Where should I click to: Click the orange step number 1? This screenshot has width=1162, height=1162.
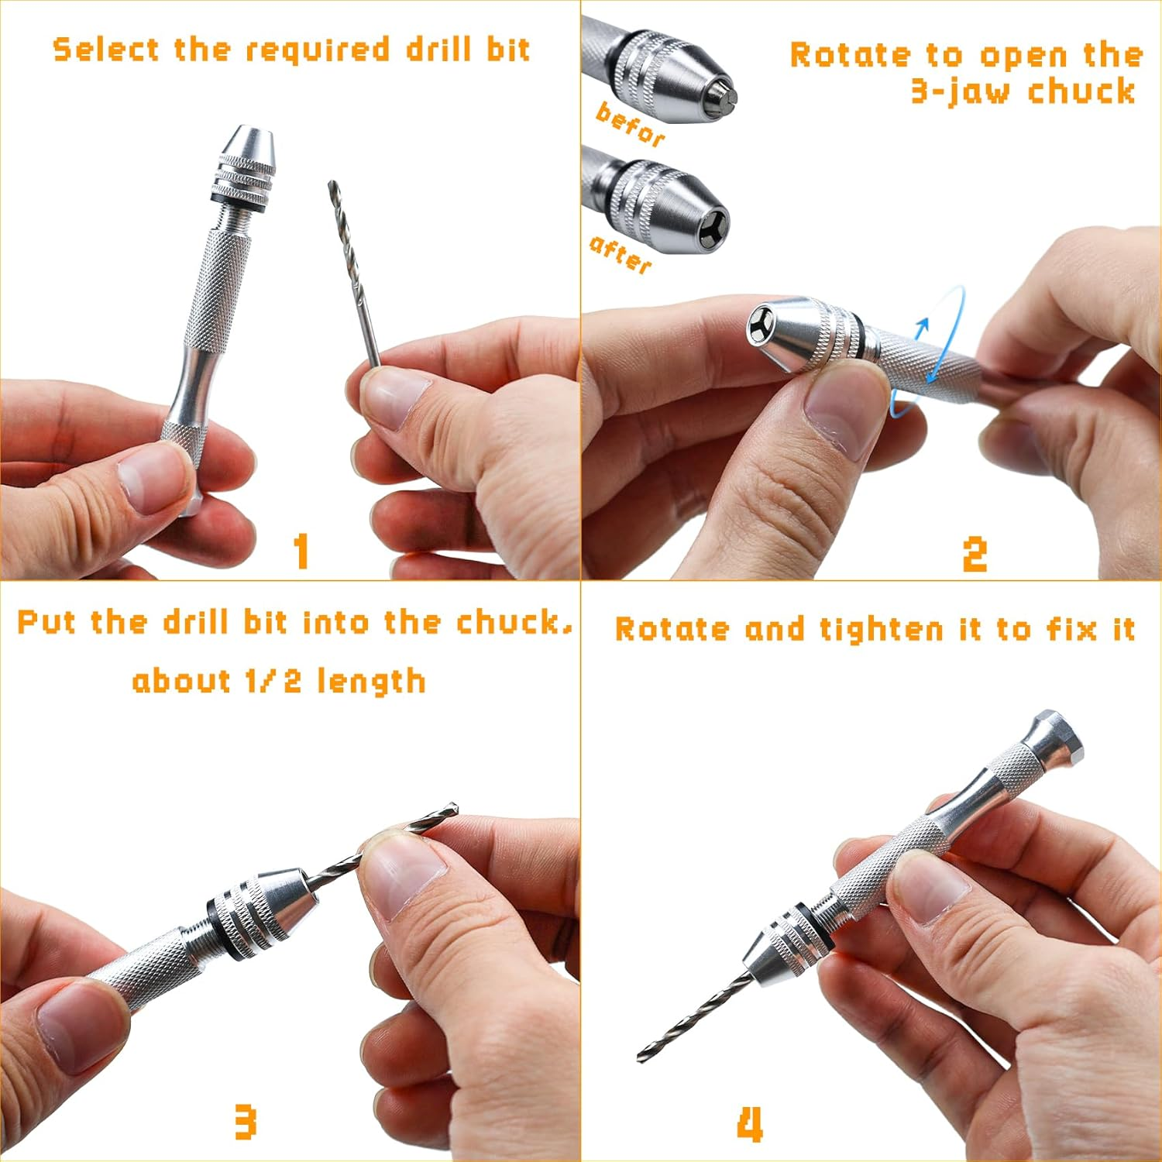[301, 551]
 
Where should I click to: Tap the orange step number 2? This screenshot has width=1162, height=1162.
[975, 554]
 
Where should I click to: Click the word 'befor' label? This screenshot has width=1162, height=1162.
[630, 125]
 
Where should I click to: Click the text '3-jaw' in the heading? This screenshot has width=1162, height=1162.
[961, 91]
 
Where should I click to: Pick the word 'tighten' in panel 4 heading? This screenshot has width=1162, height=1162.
[882, 629]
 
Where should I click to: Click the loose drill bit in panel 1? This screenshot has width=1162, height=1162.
[353, 271]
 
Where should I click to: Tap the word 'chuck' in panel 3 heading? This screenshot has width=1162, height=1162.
[512, 623]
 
